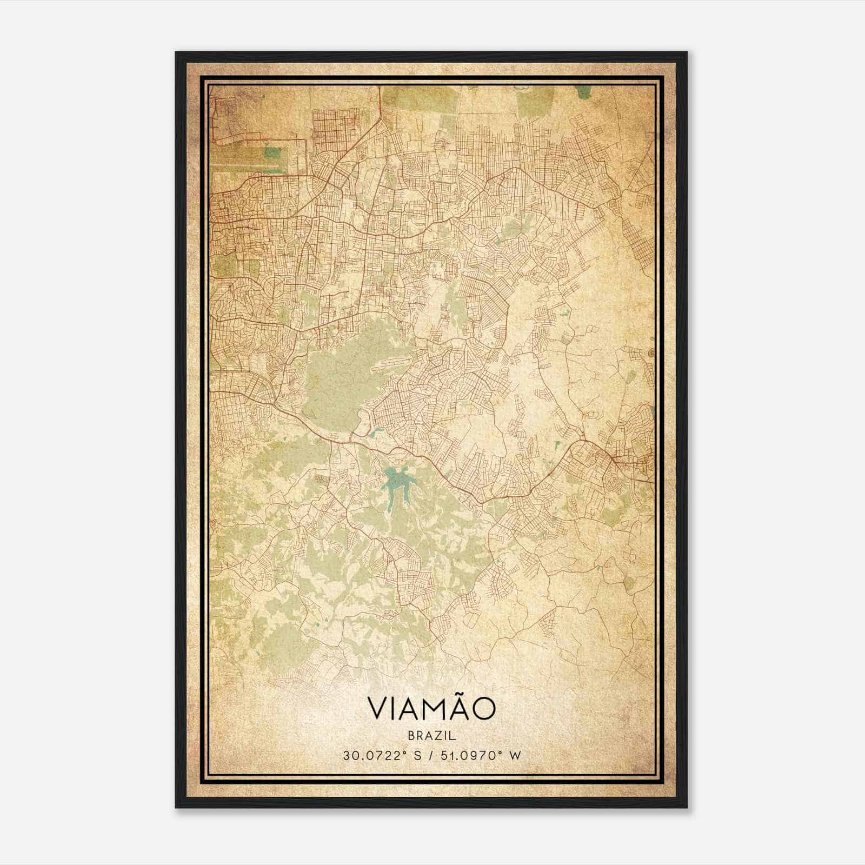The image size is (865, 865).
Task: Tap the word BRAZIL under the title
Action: [431, 736]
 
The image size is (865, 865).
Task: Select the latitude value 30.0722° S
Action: [382, 755]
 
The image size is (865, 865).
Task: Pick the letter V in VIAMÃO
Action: [378, 709]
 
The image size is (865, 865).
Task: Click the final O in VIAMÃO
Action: [483, 709]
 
